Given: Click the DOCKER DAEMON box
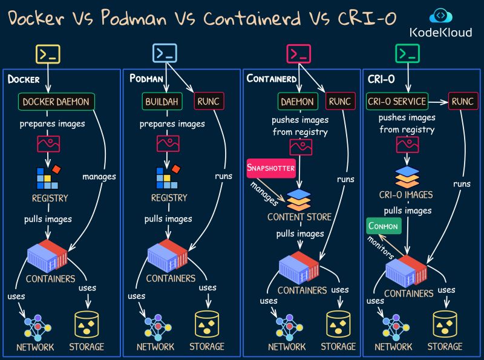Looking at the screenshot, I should click(56, 102).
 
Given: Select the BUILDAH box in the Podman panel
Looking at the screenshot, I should click(162, 102).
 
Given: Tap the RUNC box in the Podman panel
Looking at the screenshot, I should click(209, 102).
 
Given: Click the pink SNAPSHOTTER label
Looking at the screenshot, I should click(270, 168).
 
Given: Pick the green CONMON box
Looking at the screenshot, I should click(383, 226).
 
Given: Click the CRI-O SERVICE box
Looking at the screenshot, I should click(397, 102).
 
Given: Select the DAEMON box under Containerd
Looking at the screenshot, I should click(297, 102).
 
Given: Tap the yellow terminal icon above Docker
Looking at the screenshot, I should click(48, 54).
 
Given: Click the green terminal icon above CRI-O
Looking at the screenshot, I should click(407, 54).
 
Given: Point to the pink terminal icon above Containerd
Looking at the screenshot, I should click(298, 54).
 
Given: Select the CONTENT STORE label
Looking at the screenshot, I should click(299, 217).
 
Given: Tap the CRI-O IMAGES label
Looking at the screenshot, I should click(407, 194).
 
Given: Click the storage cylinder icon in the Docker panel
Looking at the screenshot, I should click(87, 324).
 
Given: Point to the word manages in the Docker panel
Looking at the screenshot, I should click(99, 176).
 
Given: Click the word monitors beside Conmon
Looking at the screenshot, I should click(381, 247).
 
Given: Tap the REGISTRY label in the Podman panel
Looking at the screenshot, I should click(169, 198).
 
